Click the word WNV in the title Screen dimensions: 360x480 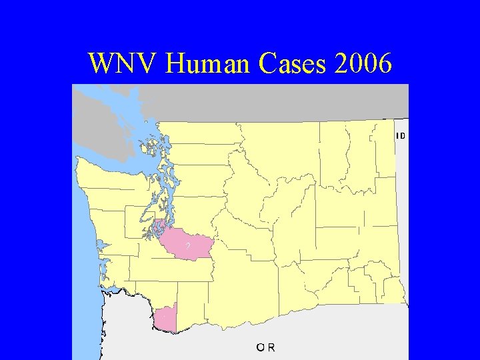coord(123,64)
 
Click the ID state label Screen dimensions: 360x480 coord(401,136)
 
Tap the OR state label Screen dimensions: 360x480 coord(266,347)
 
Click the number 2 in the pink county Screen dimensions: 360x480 coord(188,246)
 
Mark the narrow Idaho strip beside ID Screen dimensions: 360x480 coord(401,200)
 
